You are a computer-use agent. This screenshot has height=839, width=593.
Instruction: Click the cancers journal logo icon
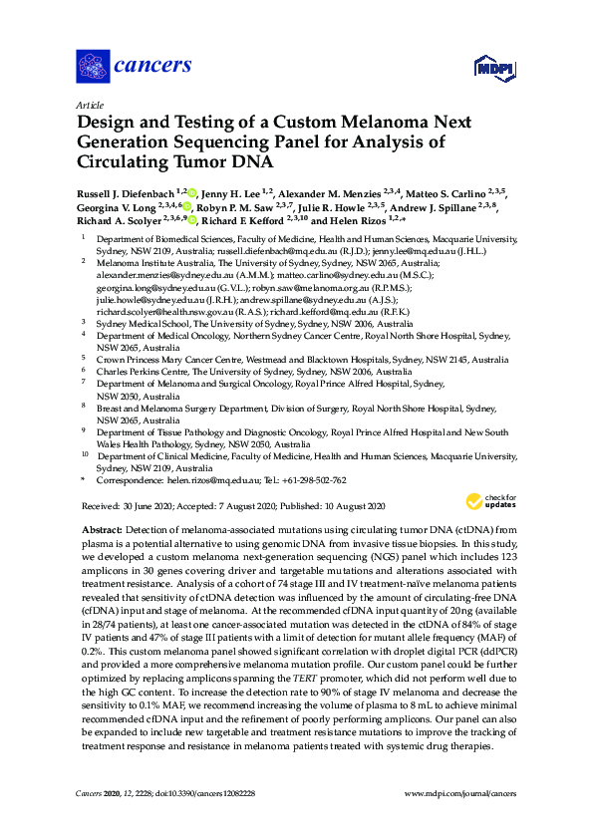pos(92,67)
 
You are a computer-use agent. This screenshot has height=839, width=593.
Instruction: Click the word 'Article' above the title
pos(90,104)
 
